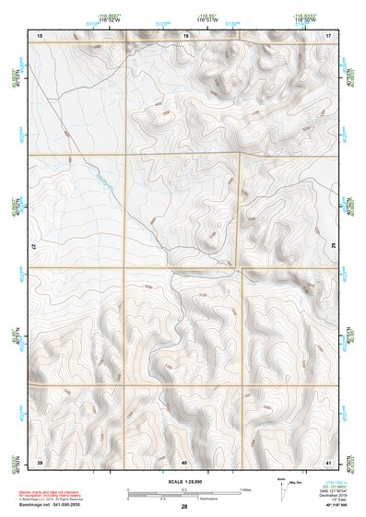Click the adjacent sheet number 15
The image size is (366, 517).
[x=40, y=34]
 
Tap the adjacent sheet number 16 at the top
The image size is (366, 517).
[x=185, y=34]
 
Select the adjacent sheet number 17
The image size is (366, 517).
[x=329, y=34]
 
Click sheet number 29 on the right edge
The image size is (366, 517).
[x=331, y=248]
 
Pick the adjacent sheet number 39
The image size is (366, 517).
[x=40, y=461]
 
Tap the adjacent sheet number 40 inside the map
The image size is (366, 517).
[x=184, y=461]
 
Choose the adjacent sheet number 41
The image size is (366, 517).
[x=329, y=461]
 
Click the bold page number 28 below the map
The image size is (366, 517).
[x=184, y=507]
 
